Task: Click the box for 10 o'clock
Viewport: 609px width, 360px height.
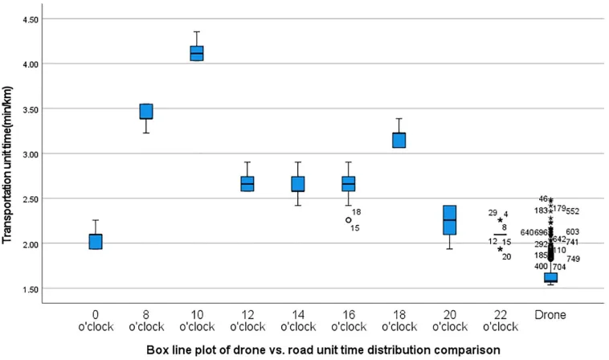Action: (x=196, y=53)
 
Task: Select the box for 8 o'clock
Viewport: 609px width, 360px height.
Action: (x=145, y=112)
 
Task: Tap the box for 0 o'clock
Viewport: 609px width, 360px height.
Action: (x=95, y=241)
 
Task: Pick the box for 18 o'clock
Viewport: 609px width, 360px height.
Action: (x=399, y=140)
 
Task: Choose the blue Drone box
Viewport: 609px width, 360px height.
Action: (x=550, y=277)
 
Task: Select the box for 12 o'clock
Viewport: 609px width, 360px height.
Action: (x=247, y=184)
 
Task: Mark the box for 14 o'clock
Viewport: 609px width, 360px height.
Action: (x=297, y=184)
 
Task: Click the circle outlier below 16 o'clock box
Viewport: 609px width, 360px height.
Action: (x=348, y=219)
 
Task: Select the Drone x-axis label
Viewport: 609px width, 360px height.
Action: (x=550, y=316)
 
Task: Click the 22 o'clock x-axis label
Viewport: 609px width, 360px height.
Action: (x=500, y=321)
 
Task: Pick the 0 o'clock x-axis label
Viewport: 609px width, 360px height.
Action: (x=95, y=321)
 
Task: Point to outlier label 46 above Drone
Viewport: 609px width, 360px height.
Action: (x=543, y=198)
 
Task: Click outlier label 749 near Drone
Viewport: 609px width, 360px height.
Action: (x=572, y=259)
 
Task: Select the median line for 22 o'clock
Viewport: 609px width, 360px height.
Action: (x=500, y=235)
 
